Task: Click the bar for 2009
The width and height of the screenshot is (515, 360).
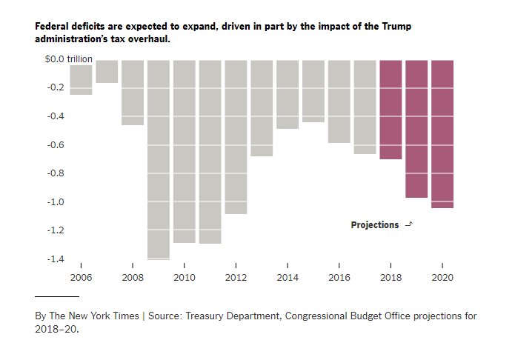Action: [158, 159]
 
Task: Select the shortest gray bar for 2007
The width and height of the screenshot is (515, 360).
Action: [107, 72]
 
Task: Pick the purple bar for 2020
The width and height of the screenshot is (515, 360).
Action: [442, 133]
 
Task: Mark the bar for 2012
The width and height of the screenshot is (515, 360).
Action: [236, 136]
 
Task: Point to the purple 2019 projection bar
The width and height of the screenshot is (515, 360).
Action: [416, 128]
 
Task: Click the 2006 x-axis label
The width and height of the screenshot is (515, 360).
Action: [80, 278]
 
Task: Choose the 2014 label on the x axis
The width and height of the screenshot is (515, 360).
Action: [287, 278]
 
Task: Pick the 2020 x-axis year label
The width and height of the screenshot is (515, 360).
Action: [442, 278]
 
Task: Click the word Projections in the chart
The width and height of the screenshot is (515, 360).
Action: [374, 225]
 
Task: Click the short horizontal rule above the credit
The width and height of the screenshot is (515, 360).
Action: [57, 296]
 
